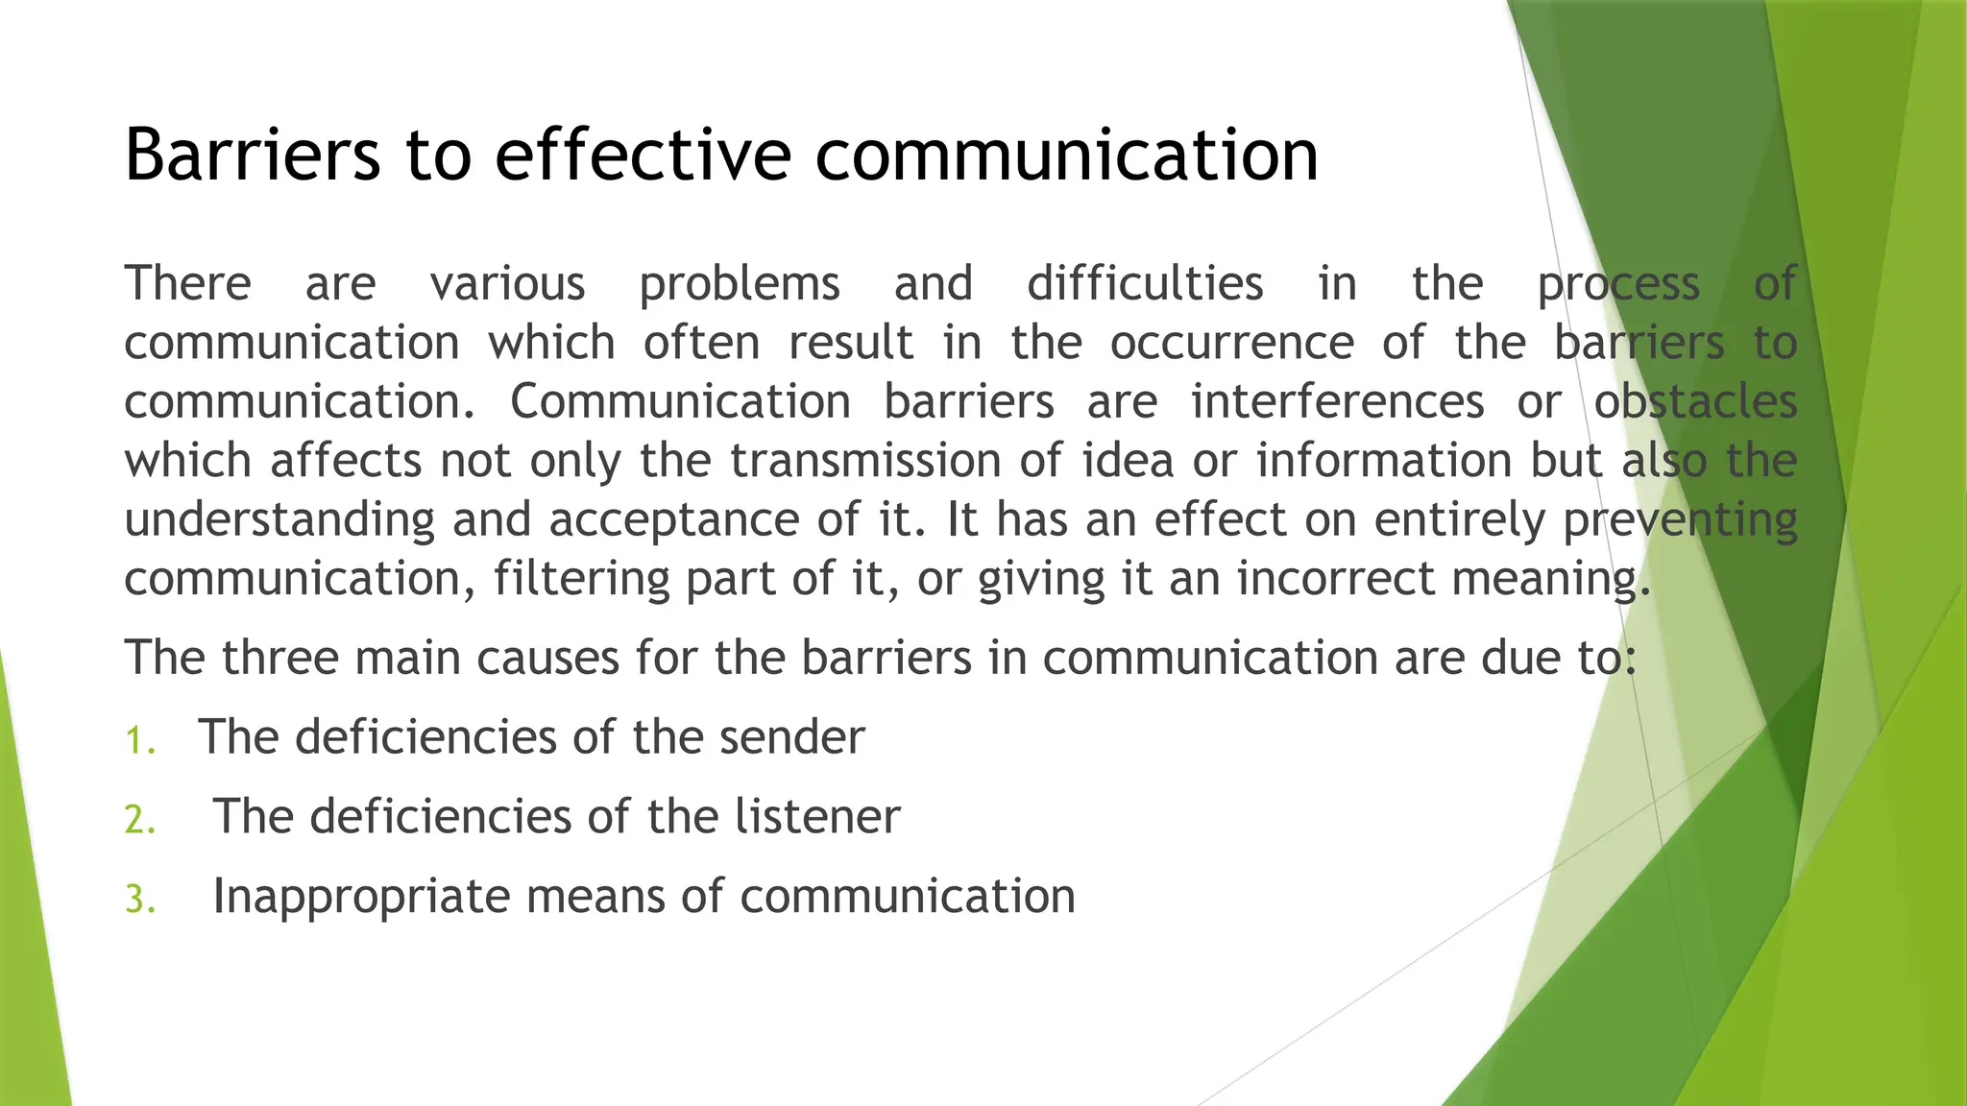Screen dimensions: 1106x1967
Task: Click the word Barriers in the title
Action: [253, 155]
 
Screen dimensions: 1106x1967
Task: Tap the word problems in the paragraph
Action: [740, 285]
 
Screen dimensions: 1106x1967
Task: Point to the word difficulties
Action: [1145, 284]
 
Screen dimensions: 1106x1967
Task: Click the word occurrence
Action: [1232, 343]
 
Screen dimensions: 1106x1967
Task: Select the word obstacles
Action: [1695, 401]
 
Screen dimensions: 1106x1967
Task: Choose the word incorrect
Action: [1335, 579]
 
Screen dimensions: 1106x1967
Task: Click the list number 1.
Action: [140, 740]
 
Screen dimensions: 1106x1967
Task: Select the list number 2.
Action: [140, 820]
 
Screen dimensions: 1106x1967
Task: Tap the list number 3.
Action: [140, 900]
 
